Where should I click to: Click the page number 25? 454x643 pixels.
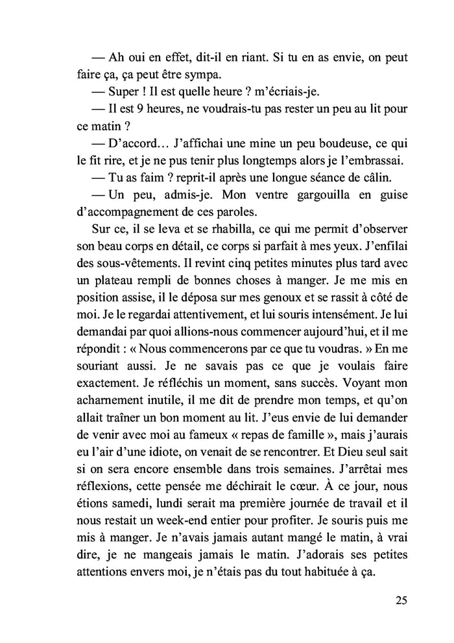point(400,600)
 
